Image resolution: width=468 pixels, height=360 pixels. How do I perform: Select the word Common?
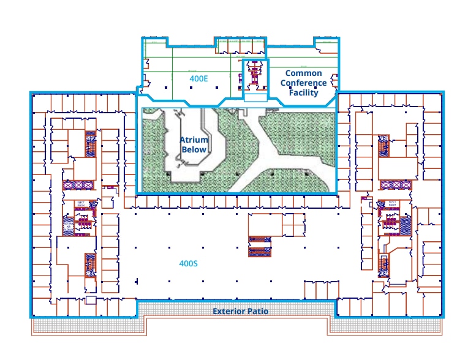point(303,73)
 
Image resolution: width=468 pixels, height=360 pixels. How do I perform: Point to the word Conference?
point(303,83)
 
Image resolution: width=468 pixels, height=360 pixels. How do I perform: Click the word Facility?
point(303,93)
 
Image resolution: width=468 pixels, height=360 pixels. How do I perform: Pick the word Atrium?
point(194,140)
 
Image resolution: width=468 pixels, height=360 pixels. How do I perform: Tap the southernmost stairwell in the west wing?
point(89,264)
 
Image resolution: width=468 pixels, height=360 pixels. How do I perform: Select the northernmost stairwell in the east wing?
point(385,144)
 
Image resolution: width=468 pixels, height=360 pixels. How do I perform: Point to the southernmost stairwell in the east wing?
point(384,264)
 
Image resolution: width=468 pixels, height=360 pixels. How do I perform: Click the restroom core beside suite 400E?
point(253,75)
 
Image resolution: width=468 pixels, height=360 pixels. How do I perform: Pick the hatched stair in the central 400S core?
point(258,250)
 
